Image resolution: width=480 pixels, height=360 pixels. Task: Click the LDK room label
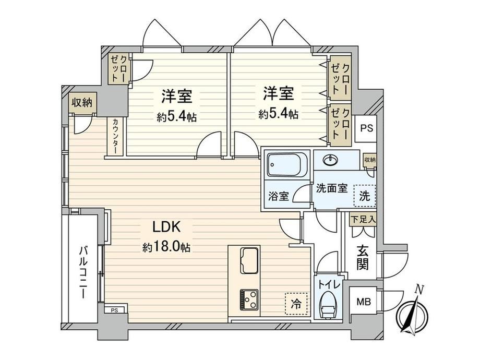pyautogui.click(x=166, y=227)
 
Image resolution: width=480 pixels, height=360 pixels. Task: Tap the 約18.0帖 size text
pyautogui.click(x=166, y=247)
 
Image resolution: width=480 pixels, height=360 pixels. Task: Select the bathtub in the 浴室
pyautogui.click(x=287, y=164)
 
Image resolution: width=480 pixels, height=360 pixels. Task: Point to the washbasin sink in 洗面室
pyautogui.click(x=330, y=160)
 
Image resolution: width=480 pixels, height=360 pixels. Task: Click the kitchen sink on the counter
pyautogui.click(x=250, y=260)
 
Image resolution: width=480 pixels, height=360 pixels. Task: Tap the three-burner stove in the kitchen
pyautogui.click(x=249, y=299)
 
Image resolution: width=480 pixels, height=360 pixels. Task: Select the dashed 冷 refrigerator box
pyautogui.click(x=296, y=304)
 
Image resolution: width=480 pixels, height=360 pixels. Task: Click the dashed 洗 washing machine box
pyautogui.click(x=365, y=195)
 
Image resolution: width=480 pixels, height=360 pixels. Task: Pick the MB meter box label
pyautogui.click(x=364, y=302)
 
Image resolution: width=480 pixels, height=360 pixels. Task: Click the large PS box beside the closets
pyautogui.click(x=366, y=128)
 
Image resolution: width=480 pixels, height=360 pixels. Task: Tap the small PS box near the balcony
pyautogui.click(x=114, y=310)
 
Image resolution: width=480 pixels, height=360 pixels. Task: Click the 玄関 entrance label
pyautogui.click(x=363, y=258)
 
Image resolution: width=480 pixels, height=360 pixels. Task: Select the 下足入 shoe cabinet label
pyautogui.click(x=363, y=220)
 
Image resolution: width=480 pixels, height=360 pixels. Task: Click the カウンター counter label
pyautogui.click(x=116, y=135)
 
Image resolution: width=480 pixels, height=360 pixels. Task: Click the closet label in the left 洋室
pyautogui.click(x=119, y=69)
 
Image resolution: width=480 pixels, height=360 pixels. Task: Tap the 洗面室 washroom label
pyautogui.click(x=332, y=188)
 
